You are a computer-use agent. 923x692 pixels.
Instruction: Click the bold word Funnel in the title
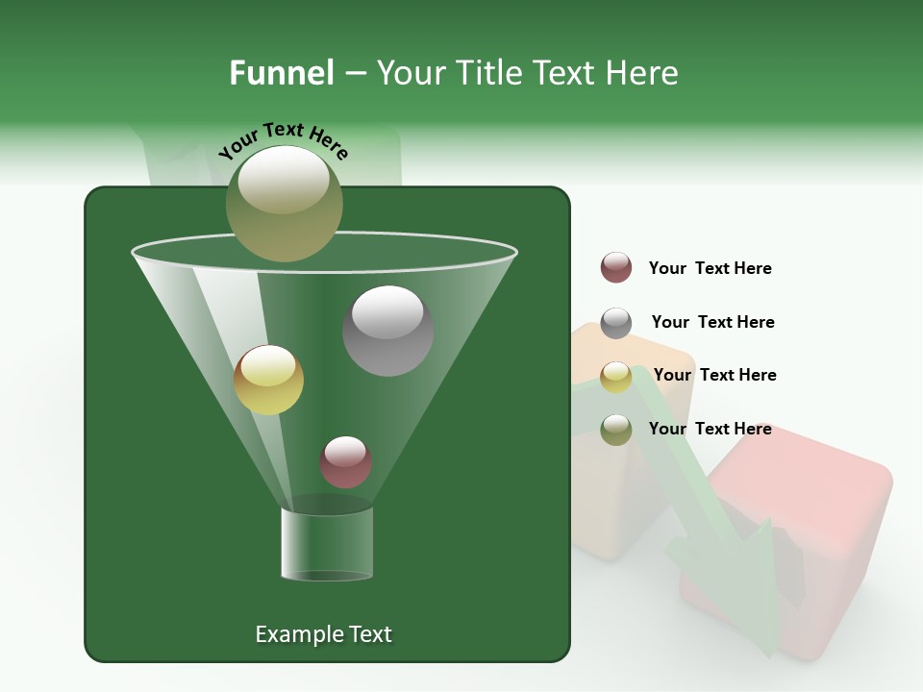point(281,72)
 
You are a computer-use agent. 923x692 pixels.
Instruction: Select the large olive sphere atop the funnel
point(284,203)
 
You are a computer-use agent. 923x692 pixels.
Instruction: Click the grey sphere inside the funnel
point(388,330)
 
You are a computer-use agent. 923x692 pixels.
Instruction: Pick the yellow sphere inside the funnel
point(268,380)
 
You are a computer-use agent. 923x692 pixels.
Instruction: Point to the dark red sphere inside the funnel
point(345,461)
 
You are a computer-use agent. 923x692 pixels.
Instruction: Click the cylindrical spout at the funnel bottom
point(327,544)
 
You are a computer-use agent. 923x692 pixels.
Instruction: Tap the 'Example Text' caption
point(323,634)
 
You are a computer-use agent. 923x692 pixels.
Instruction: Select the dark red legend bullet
point(616,268)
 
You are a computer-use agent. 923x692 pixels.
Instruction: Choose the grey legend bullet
point(616,323)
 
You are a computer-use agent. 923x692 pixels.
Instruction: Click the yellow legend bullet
point(616,377)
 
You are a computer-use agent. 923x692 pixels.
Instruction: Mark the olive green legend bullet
point(616,430)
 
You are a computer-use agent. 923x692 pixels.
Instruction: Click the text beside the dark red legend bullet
point(710,268)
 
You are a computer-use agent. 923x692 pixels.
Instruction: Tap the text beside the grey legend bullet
point(712,322)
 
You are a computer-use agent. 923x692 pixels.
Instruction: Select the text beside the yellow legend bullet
point(714,375)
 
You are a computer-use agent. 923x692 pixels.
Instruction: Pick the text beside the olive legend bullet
point(710,429)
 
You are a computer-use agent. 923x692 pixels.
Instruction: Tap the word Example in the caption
point(297,634)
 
